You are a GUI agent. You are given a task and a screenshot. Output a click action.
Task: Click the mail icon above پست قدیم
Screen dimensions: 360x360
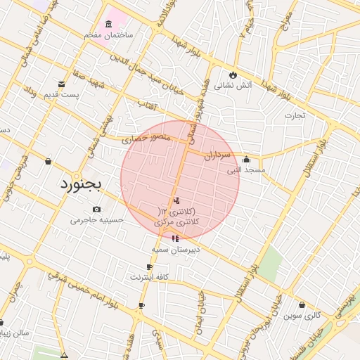point(61,84)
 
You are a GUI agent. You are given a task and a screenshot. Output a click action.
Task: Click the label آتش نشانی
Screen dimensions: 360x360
point(231,86)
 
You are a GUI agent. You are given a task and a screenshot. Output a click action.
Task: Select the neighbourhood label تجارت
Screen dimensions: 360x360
point(295,116)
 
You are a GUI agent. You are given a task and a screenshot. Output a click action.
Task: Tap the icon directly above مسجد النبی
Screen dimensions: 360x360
point(246,159)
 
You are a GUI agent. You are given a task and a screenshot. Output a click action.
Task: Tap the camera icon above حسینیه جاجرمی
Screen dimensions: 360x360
point(96,209)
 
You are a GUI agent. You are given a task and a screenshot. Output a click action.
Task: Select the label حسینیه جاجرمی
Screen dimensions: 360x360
point(96,219)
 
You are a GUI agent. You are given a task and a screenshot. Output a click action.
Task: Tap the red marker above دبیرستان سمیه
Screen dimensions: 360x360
point(175,238)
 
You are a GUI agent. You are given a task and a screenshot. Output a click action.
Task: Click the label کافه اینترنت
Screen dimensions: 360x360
point(149,277)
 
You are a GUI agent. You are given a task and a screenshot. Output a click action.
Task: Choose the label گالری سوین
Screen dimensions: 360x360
point(302,316)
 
